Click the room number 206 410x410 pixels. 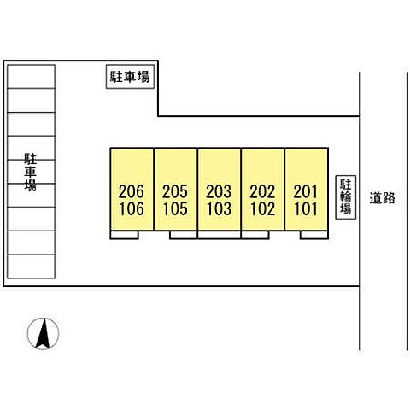[x=132, y=191]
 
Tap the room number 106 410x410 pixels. [x=132, y=208]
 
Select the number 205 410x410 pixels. [x=175, y=191]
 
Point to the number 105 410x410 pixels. [x=176, y=208]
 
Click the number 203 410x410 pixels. [x=219, y=191]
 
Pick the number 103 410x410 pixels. [x=220, y=208]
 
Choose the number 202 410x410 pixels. [x=262, y=191]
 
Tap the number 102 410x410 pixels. [x=263, y=208]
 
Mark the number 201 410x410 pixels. [x=306, y=191]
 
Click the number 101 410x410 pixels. [x=306, y=208]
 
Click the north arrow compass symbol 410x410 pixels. [x=43, y=334]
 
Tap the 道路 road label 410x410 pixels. [x=383, y=198]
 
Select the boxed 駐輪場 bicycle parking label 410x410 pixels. [x=346, y=197]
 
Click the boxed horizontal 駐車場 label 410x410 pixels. [x=130, y=77]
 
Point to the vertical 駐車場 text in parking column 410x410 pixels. [x=30, y=172]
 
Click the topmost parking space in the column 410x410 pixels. [x=31, y=77]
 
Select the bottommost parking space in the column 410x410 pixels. [x=31, y=266]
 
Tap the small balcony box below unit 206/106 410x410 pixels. [x=125, y=235]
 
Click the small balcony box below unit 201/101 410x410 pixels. [x=314, y=235]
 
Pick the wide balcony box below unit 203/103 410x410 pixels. [x=220, y=235]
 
